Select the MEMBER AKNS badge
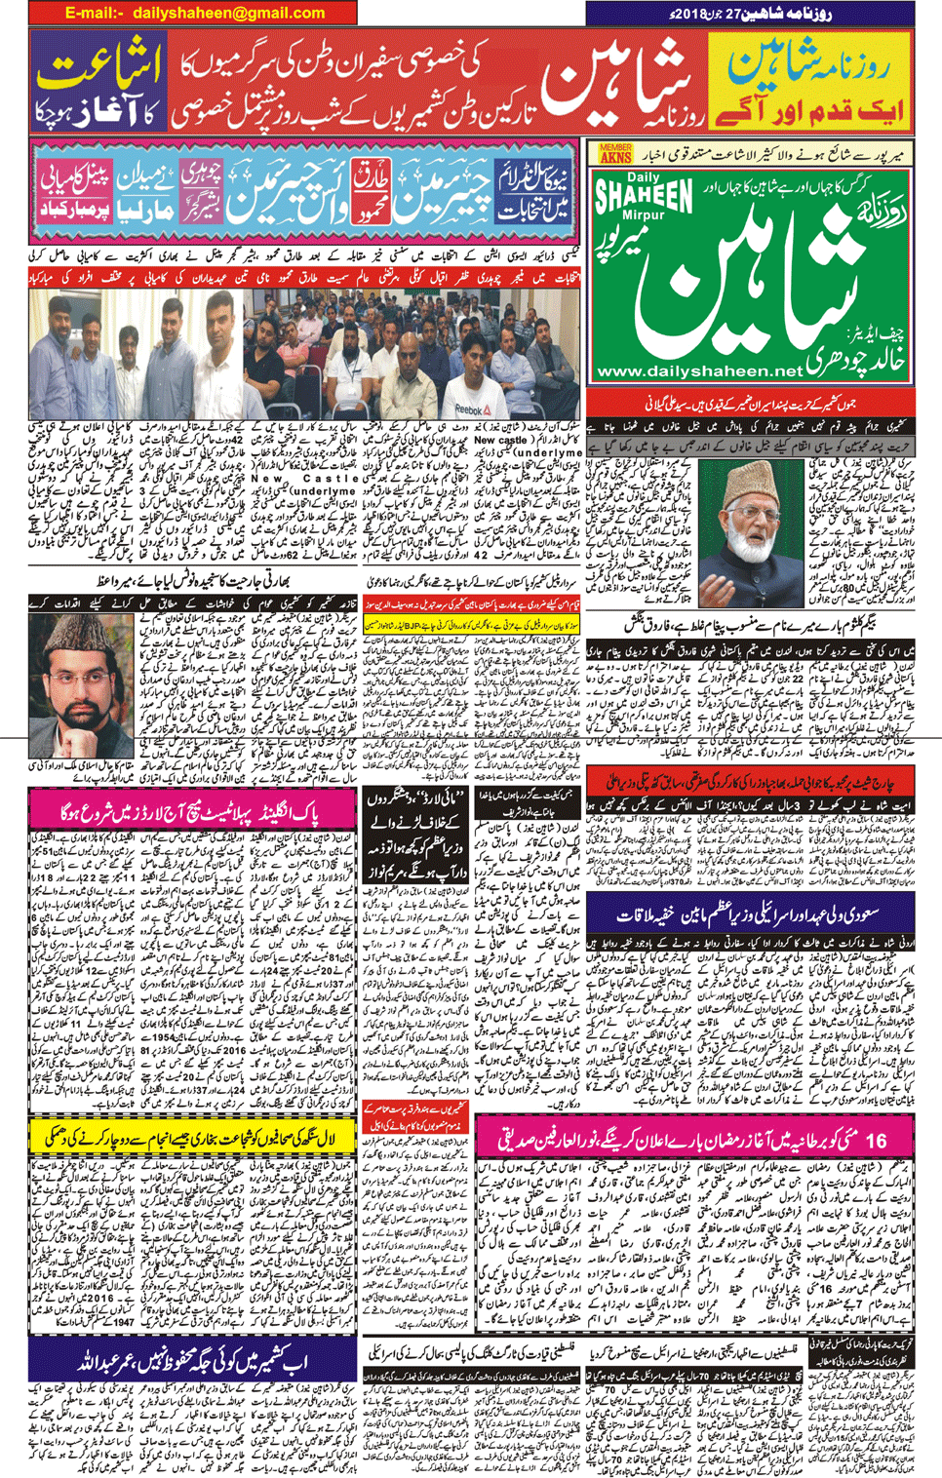coord(615,153)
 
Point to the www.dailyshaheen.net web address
coord(698,370)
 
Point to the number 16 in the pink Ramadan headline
coord(875,1138)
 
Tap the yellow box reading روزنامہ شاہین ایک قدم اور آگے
coord(808,83)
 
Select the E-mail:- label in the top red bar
coord(95,13)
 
